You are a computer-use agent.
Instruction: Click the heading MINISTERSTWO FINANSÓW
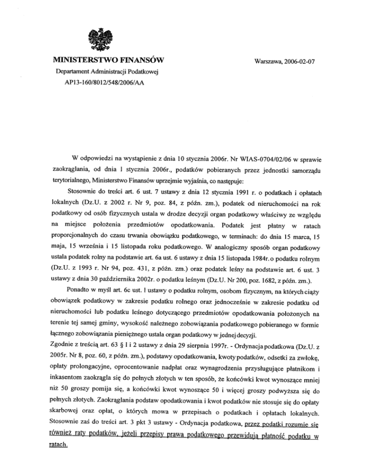click(112, 60)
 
